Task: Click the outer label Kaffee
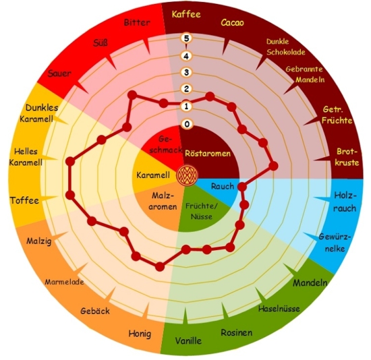click(x=186, y=14)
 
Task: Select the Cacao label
click(x=232, y=23)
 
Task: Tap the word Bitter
click(x=137, y=22)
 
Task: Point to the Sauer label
click(x=59, y=73)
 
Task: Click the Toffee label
click(x=24, y=201)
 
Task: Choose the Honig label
click(x=140, y=334)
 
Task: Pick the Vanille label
click(x=188, y=341)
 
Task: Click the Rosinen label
click(x=237, y=332)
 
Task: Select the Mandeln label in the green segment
click(x=310, y=282)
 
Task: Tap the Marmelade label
click(x=64, y=282)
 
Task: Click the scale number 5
click(x=186, y=38)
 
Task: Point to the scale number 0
click(x=187, y=124)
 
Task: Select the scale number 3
click(x=186, y=72)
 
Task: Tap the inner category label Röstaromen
click(x=208, y=154)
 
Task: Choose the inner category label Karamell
click(x=153, y=175)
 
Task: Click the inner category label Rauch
click(x=223, y=186)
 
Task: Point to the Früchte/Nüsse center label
click(x=202, y=211)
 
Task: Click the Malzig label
click(x=39, y=241)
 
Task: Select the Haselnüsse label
click(x=279, y=309)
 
